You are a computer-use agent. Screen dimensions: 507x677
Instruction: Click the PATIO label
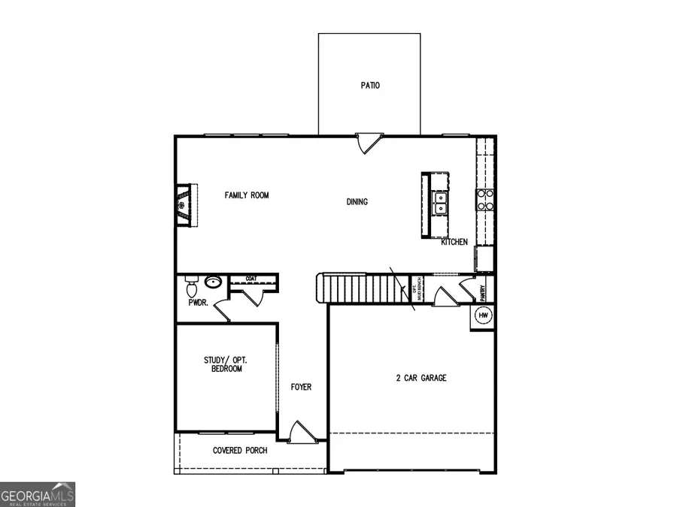pos(369,86)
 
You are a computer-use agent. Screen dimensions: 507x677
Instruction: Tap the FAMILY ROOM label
pos(247,195)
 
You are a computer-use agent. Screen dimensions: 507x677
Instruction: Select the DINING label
pos(357,201)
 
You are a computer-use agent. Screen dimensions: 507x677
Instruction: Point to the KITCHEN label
pos(454,242)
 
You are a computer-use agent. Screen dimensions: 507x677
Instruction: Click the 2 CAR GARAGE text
pos(421,378)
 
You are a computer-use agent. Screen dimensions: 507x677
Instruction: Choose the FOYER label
pos(301,388)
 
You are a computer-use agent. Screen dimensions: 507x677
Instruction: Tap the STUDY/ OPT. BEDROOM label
pos(226,364)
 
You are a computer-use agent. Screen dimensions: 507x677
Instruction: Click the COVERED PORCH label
pos(240,451)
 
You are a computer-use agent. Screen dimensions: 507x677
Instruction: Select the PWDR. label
pos(198,303)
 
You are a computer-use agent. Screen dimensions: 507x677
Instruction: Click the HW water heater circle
pos(483,315)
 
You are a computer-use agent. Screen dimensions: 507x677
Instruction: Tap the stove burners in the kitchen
pos(485,198)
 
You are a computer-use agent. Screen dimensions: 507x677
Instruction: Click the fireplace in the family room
pos(184,204)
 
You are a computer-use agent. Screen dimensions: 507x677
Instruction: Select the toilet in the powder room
pos(191,287)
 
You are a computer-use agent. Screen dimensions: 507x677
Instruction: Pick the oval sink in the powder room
pos(214,283)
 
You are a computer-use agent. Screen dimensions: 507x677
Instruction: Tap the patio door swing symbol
pos(369,143)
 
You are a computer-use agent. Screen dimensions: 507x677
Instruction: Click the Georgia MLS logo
pos(38,495)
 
